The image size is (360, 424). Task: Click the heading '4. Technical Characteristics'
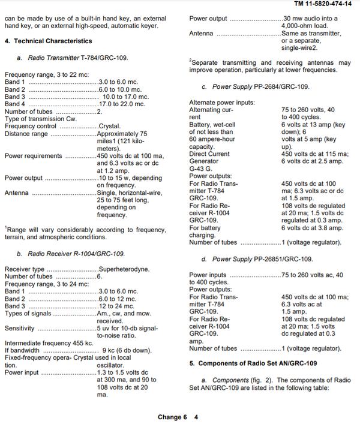(49, 41)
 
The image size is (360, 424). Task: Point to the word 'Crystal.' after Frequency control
(110, 127)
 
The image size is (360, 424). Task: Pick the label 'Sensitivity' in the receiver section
(20, 328)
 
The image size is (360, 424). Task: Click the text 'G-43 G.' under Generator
(202, 169)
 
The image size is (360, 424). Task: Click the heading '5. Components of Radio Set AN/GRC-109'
(253, 363)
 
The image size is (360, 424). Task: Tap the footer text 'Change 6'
(173, 417)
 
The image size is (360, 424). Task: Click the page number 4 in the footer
(196, 417)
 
